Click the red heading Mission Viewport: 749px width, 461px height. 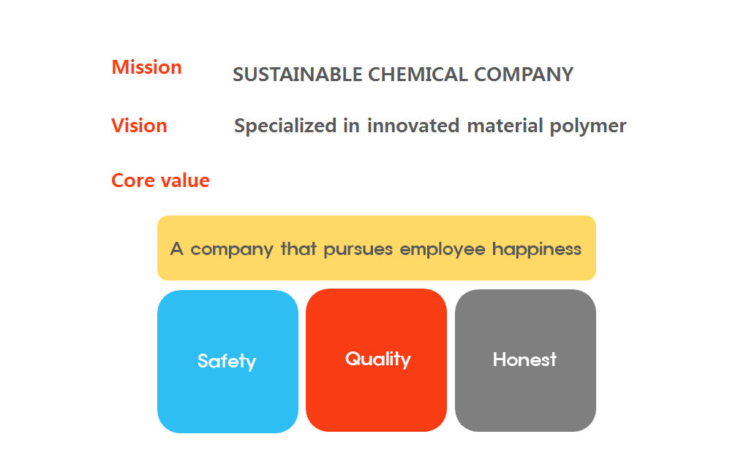point(146,67)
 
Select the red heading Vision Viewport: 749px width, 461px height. point(139,126)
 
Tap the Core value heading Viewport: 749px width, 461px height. point(160,180)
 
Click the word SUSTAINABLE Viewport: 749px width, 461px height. point(297,75)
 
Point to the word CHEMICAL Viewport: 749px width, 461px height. point(418,75)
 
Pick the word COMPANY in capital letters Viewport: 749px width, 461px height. point(524,75)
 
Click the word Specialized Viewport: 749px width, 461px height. point(285,126)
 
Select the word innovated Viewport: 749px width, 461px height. point(413,126)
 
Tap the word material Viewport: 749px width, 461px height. point(505,126)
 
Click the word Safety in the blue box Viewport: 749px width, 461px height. point(227,361)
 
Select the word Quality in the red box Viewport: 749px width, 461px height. point(378,359)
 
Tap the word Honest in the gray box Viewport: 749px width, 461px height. point(524,359)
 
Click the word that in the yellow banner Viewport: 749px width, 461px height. point(298,248)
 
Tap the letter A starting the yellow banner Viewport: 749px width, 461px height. point(177,248)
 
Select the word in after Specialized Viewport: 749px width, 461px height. point(351,126)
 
